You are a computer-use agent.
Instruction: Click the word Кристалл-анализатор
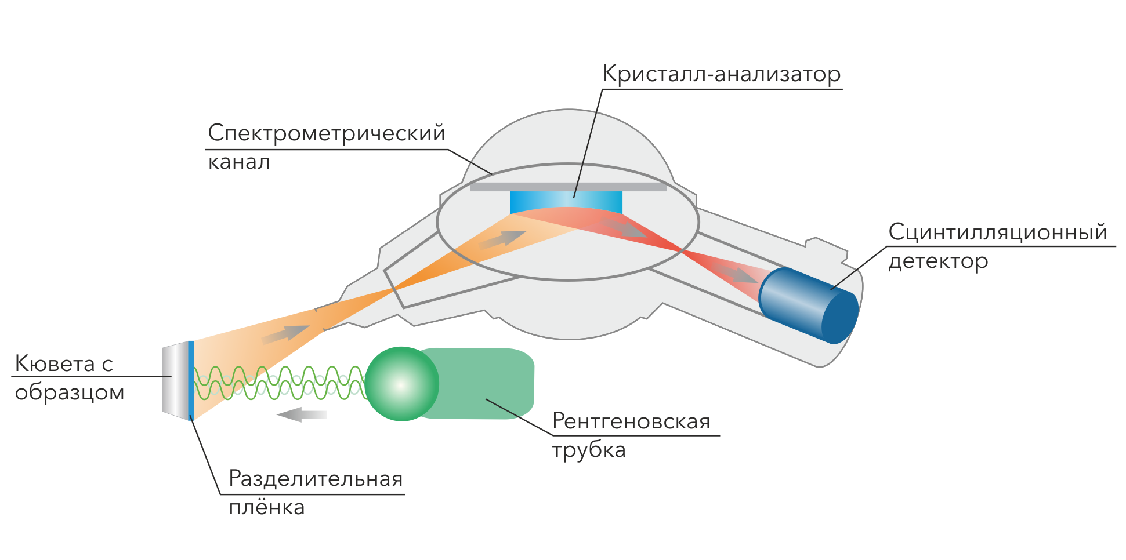coord(722,75)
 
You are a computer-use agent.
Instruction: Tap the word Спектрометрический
coord(327,134)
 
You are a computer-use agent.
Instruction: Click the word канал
coord(239,162)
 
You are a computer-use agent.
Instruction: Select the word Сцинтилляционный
coord(998,232)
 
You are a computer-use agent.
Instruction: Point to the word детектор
coord(938,261)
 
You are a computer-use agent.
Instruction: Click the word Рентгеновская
coord(631,421)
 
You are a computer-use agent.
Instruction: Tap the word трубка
coord(588,450)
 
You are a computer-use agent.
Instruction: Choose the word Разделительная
coord(316,479)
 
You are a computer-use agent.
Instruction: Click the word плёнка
coord(267,508)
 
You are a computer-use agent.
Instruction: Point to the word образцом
coord(70,393)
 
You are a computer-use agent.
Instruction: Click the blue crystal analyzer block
coord(566,201)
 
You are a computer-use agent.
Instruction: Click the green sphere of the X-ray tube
coord(401,384)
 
